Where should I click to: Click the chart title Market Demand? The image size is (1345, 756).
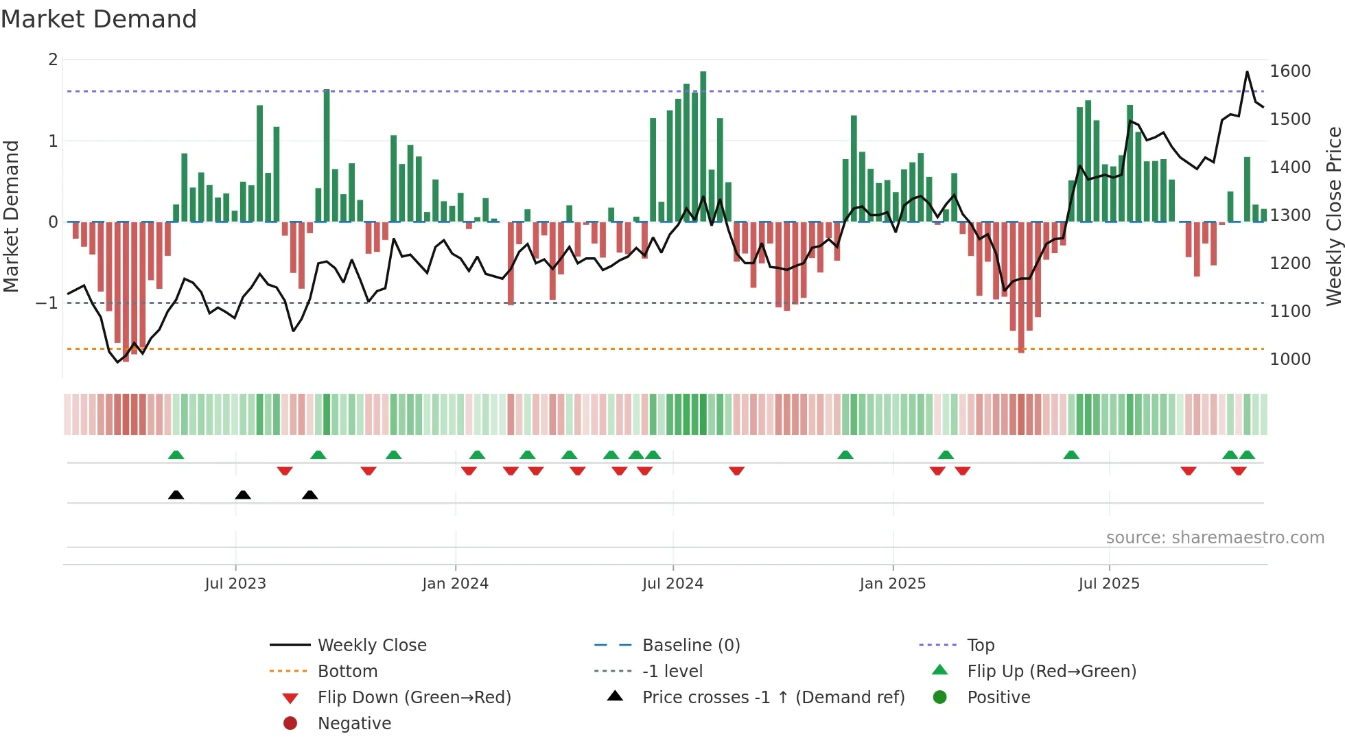[99, 19]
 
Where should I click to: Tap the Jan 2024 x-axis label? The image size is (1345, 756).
[455, 584]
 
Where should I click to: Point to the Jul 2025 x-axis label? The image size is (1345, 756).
[1108, 584]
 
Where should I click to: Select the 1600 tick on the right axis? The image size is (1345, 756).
[1289, 71]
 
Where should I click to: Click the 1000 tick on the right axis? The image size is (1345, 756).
[1289, 359]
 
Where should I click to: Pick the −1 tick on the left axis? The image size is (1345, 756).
[47, 303]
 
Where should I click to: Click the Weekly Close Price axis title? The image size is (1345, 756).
[1333, 216]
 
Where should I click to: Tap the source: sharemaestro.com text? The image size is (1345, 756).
[1215, 538]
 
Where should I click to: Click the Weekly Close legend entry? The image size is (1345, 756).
[371, 646]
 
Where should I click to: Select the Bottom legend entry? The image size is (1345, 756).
[347, 672]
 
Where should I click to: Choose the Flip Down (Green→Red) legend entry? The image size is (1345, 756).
[414, 698]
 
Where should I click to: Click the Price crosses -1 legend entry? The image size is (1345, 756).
[773, 698]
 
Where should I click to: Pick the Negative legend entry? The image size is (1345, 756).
[354, 724]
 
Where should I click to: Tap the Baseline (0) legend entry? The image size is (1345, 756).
[690, 646]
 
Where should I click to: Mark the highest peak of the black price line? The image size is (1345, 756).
[1247, 72]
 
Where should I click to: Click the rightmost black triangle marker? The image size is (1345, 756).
[309, 495]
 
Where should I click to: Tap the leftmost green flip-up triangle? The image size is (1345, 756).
[176, 455]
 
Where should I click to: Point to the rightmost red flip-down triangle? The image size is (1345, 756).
[1239, 471]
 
